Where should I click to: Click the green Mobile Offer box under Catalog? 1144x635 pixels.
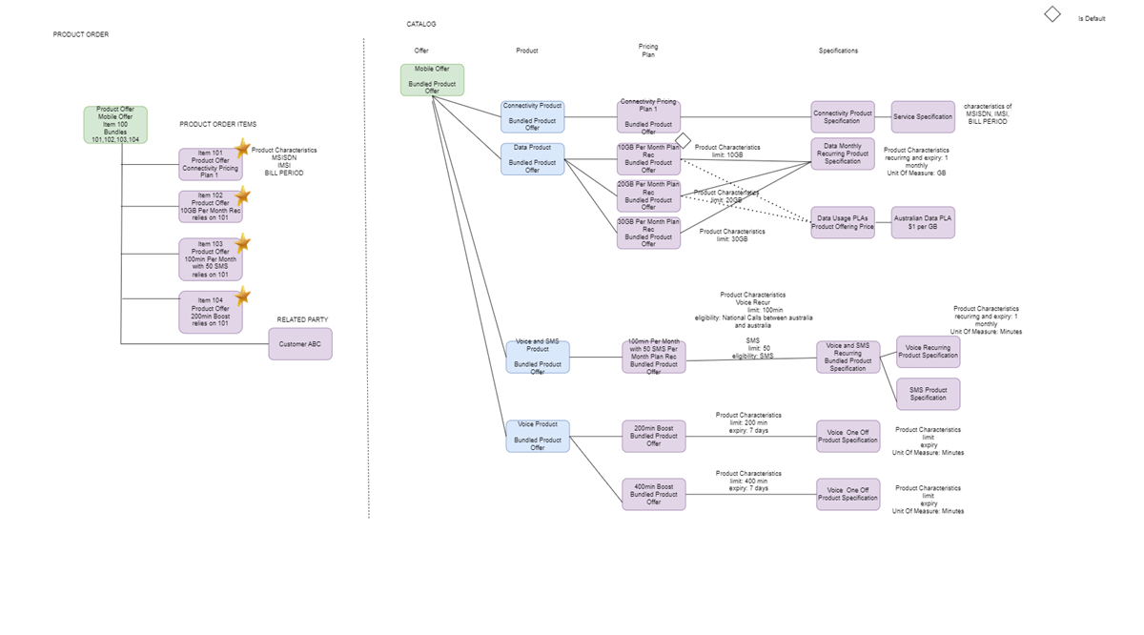[x=432, y=80]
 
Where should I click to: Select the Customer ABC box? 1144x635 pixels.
[x=300, y=344]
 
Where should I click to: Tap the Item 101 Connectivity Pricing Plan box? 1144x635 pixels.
[x=210, y=164]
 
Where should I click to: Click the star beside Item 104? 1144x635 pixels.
[x=242, y=295]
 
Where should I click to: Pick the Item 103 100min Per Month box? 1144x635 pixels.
[x=210, y=259]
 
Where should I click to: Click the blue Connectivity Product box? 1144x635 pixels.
[x=532, y=116]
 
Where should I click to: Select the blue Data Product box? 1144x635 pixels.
[x=532, y=159]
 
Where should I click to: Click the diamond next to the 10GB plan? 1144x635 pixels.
[x=683, y=141]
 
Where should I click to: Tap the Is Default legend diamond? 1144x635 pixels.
[x=1052, y=14]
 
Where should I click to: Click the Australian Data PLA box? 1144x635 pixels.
[x=922, y=222]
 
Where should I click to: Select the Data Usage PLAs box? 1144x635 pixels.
[x=843, y=222]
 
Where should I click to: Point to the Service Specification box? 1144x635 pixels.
[x=922, y=117]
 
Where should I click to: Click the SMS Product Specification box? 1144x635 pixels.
[x=928, y=394]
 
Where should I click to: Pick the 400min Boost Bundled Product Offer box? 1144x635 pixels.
[x=653, y=494]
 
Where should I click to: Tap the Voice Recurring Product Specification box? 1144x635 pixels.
[x=928, y=352]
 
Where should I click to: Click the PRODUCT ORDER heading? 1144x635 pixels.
[x=81, y=34]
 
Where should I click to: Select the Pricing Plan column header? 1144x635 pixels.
[x=648, y=51]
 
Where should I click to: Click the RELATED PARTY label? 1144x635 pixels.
[x=302, y=319]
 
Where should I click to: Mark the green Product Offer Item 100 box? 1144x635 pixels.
[x=115, y=125]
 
